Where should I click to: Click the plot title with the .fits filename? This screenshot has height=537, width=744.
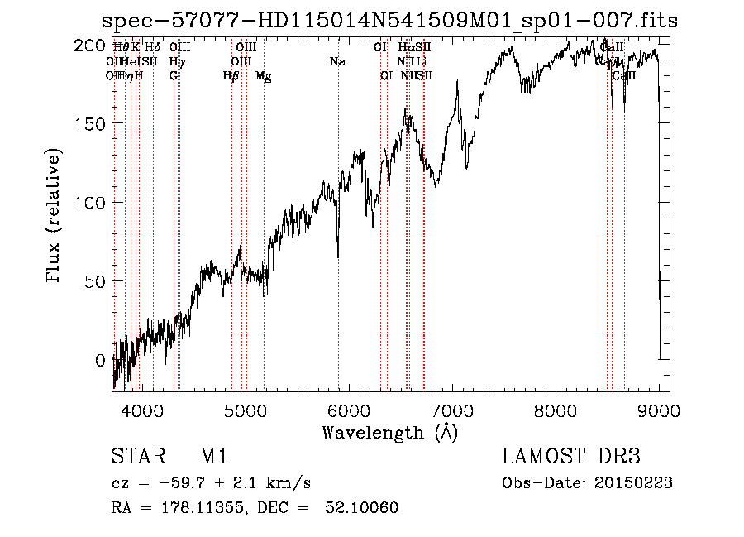pos(389,21)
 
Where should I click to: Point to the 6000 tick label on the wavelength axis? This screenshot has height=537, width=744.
pos(349,410)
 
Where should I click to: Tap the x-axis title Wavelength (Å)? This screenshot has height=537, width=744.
pos(389,432)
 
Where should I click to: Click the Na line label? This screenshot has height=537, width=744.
pos(337,62)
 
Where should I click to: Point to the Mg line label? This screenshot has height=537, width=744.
pos(263,76)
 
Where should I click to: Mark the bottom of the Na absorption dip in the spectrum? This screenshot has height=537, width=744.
pos(337,257)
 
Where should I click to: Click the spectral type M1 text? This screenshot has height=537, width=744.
pos(214,458)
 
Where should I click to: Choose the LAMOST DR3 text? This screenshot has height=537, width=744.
pos(570,458)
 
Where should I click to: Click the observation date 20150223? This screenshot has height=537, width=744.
pos(637,483)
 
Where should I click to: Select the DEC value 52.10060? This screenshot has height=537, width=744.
pos(365,508)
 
